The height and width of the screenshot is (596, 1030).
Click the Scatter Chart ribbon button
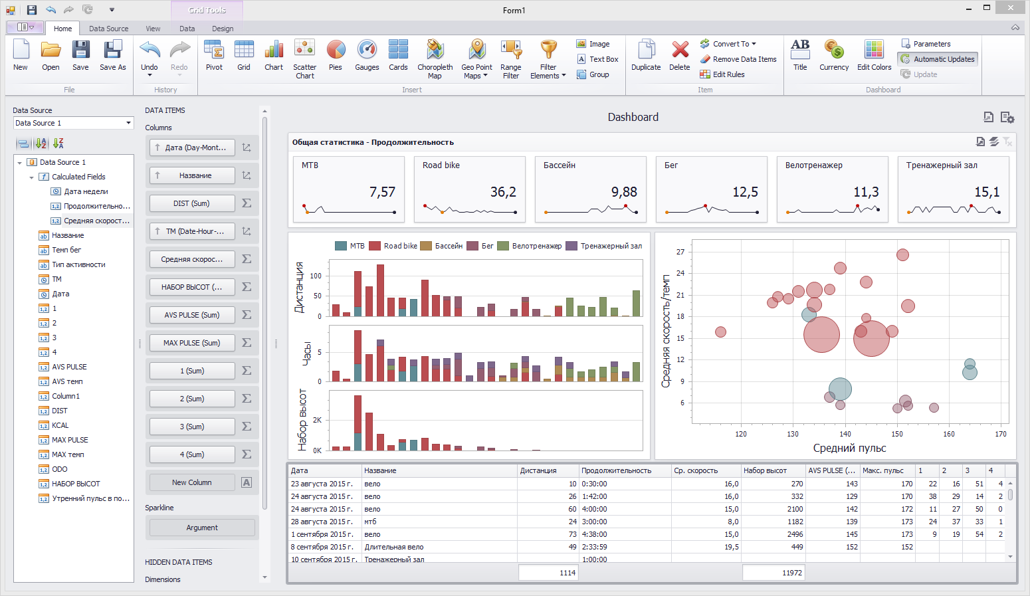click(304, 58)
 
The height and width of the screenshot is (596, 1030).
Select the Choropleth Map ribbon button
click(435, 58)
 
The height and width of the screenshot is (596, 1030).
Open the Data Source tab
click(108, 29)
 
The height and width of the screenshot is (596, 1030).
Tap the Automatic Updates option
click(938, 59)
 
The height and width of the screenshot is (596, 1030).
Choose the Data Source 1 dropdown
click(73, 123)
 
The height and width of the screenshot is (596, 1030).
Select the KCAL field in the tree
click(60, 425)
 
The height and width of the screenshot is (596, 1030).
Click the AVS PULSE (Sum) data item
click(192, 315)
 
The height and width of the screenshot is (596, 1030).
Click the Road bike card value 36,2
click(503, 192)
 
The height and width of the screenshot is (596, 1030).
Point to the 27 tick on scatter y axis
click(680, 252)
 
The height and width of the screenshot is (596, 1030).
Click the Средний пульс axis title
click(849, 448)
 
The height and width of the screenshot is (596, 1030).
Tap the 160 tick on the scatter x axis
click(948, 434)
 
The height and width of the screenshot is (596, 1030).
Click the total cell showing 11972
click(773, 573)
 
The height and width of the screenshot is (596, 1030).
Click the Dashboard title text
click(633, 117)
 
